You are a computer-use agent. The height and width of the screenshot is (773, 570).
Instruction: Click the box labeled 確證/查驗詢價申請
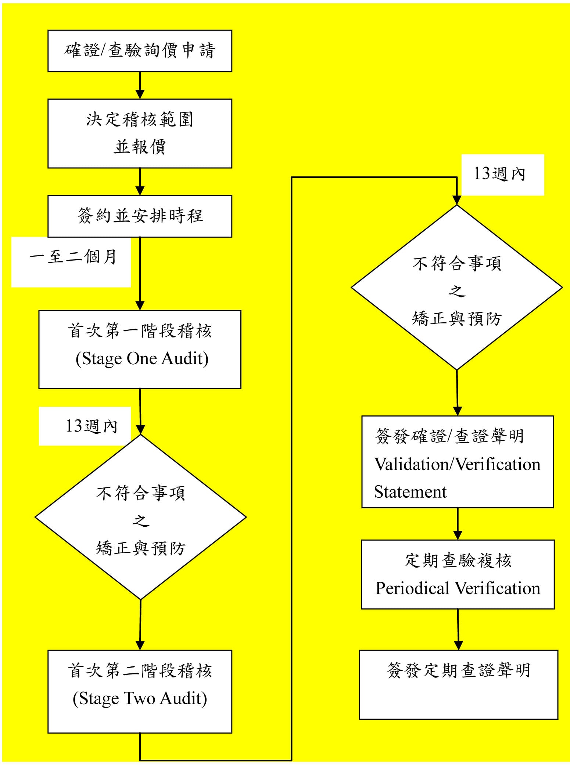[x=140, y=51]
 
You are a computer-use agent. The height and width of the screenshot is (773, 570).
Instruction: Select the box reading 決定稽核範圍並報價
[x=140, y=133]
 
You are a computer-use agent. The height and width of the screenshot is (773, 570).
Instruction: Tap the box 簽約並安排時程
[x=140, y=216]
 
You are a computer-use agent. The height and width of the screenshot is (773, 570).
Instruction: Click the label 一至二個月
[x=73, y=257]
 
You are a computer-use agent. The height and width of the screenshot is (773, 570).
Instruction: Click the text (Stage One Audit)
[x=142, y=359]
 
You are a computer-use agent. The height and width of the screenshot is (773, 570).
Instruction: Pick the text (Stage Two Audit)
[x=140, y=699]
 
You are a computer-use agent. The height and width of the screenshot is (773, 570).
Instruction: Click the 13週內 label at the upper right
[x=499, y=173]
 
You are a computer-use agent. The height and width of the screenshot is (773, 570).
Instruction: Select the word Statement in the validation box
[x=410, y=492]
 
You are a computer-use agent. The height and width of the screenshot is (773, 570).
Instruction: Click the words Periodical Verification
[x=458, y=588]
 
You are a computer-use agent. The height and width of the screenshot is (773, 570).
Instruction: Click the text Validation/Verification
[x=457, y=464]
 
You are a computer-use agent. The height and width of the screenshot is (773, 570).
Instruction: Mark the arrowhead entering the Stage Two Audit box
[x=140, y=645]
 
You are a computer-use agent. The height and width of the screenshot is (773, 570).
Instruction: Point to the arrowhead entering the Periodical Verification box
[x=458, y=535]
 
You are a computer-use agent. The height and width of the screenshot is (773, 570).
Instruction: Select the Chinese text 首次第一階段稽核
[x=140, y=331]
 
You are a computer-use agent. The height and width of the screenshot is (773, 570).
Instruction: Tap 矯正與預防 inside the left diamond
[x=140, y=548]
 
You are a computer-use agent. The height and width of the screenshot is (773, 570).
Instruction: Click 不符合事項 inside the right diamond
[x=457, y=264]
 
